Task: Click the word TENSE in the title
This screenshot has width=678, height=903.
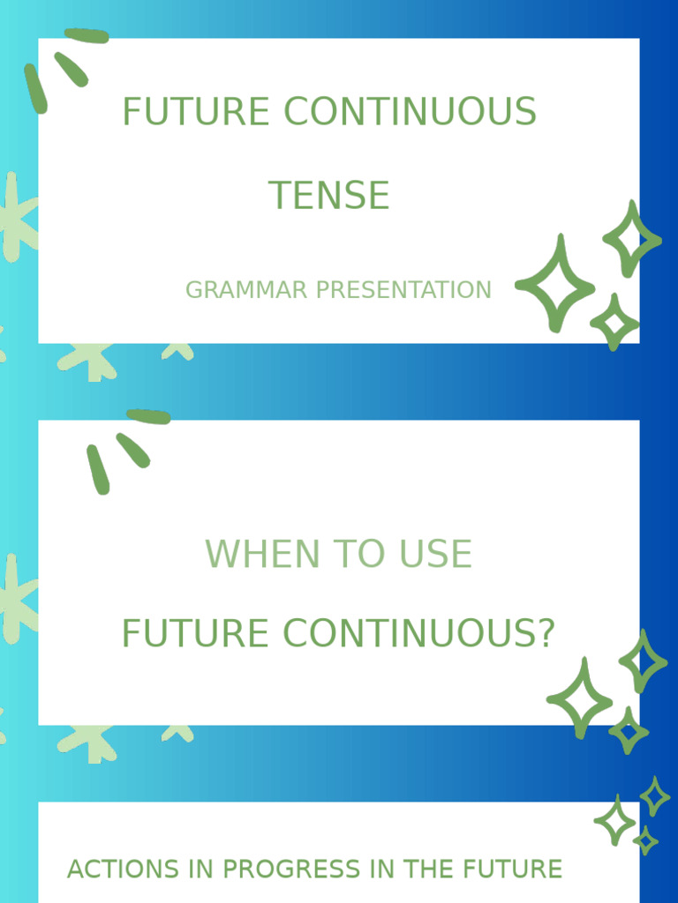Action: pos(328,196)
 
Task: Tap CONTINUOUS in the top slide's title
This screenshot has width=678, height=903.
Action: pos(410,112)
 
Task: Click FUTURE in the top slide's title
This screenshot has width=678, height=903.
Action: pos(195,112)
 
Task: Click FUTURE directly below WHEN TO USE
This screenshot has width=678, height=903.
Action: pos(195,634)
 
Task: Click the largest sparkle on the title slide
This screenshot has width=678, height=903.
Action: pos(555,285)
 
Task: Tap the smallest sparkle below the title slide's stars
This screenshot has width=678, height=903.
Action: pos(614,323)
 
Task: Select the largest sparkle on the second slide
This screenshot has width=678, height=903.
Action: pos(580,699)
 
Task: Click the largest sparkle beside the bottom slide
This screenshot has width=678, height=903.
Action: pos(615,821)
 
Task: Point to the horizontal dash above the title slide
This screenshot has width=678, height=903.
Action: pos(87,35)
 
